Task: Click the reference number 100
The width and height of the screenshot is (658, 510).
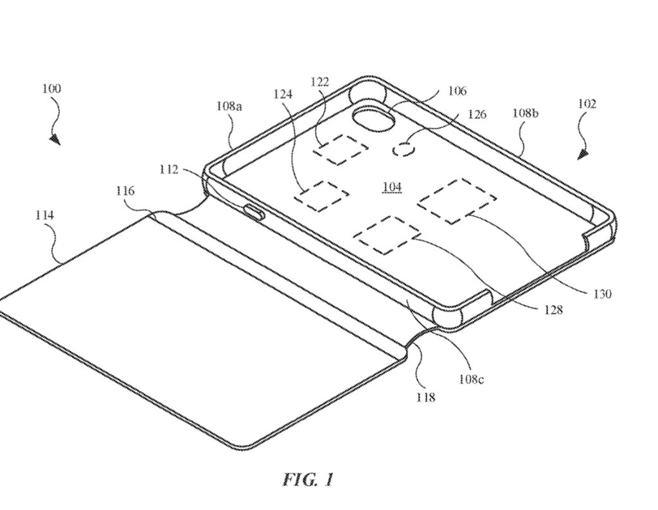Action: click(51, 89)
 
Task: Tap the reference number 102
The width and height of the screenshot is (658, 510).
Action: click(587, 103)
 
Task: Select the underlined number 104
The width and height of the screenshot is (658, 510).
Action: click(392, 187)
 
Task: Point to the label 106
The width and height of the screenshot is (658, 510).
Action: click(457, 91)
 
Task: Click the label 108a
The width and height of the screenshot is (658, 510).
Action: click(229, 106)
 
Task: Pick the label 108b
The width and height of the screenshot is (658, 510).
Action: click(526, 113)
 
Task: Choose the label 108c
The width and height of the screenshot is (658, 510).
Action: click(471, 379)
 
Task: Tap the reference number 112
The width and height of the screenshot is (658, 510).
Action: click(169, 170)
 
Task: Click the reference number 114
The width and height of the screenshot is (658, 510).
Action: click(44, 215)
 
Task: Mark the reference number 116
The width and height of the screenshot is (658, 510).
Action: click(125, 191)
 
